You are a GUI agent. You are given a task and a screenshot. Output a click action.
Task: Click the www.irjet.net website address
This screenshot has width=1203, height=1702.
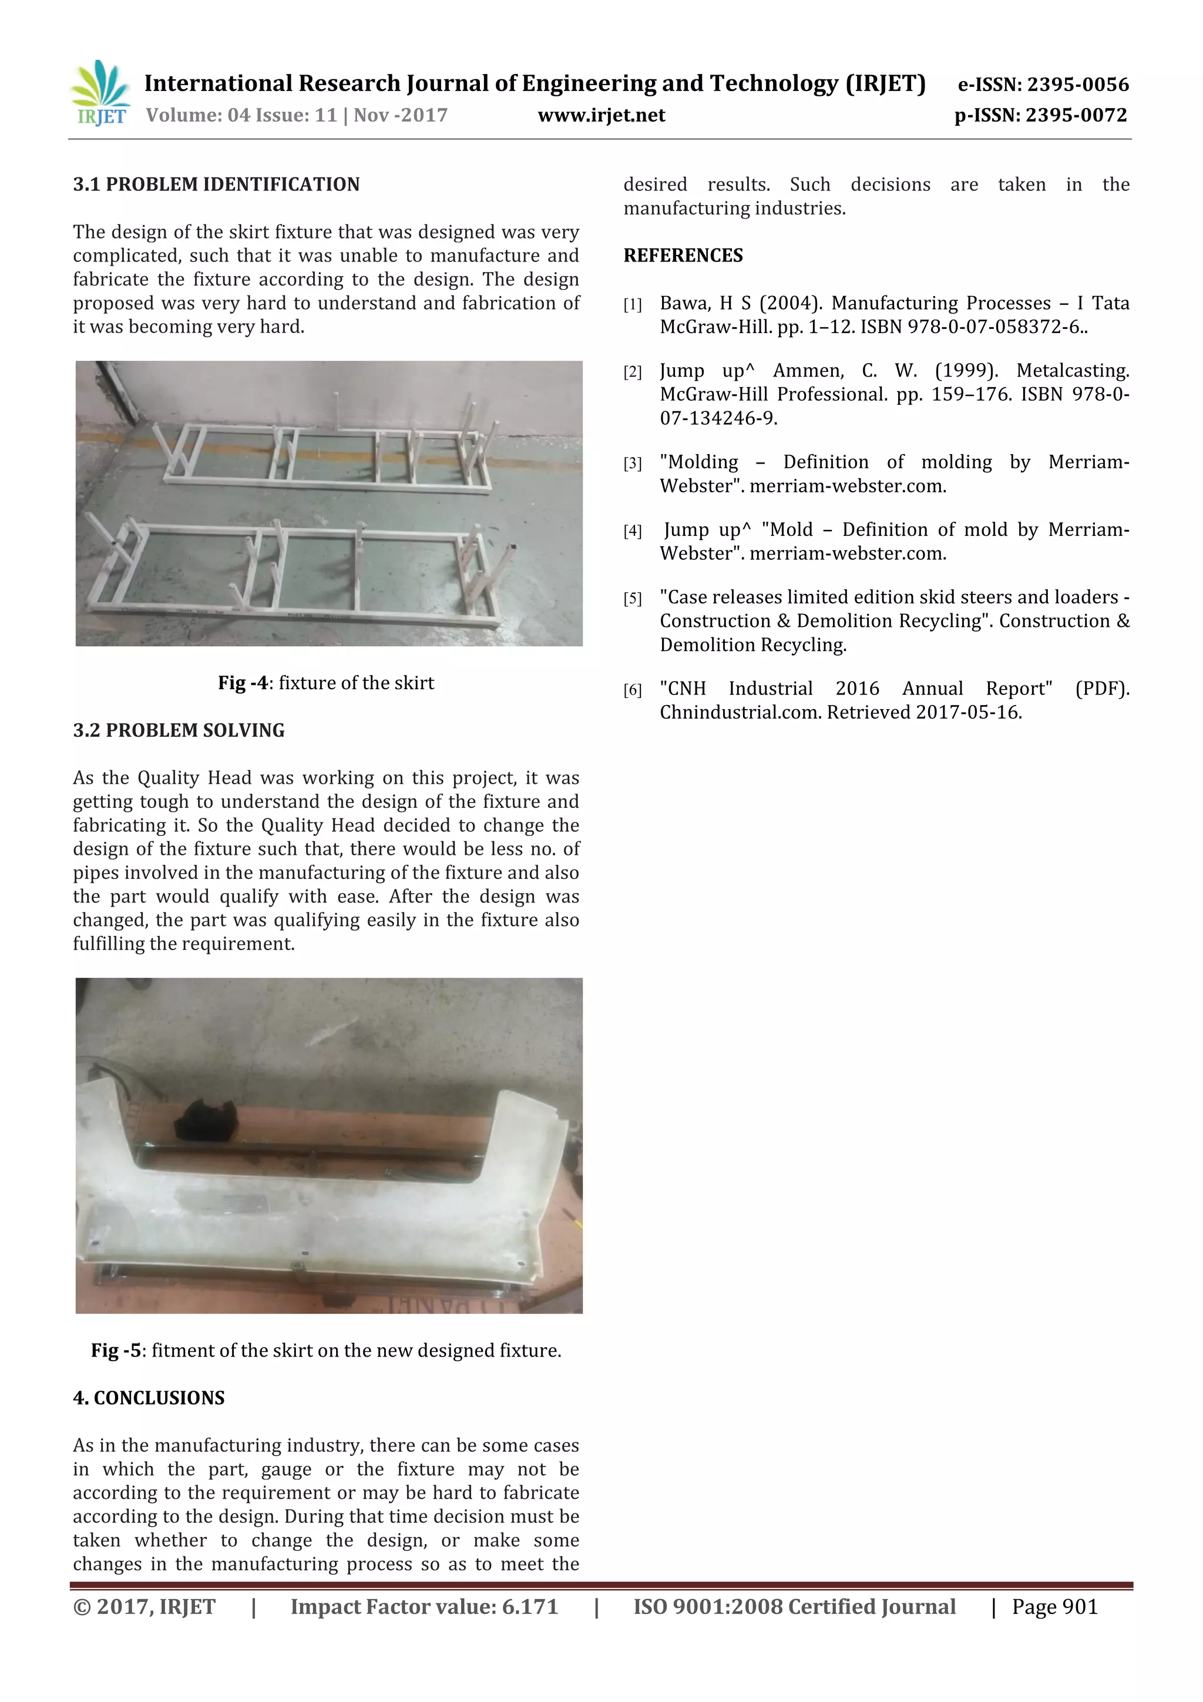pyautogui.click(x=601, y=116)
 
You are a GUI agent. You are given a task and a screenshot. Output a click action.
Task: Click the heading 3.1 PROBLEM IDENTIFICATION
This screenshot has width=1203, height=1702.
pyautogui.click(x=216, y=184)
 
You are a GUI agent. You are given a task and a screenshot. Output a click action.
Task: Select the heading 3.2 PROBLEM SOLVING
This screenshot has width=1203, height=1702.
pyautogui.click(x=179, y=730)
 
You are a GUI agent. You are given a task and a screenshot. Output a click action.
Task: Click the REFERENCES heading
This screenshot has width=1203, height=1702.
pyautogui.click(x=683, y=256)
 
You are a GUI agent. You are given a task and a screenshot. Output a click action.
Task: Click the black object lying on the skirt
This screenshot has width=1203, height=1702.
pyautogui.click(x=206, y=1119)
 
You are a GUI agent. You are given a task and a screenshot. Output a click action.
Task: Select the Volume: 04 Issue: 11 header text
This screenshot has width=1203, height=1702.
pyautogui.click(x=241, y=116)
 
